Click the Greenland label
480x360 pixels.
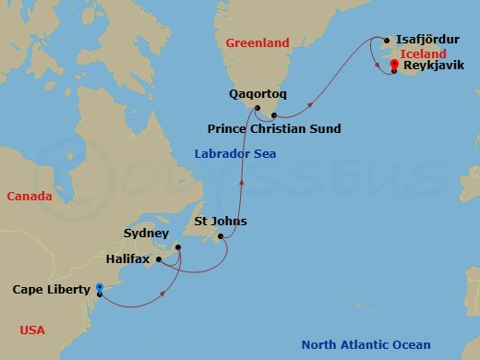click(x=258, y=43)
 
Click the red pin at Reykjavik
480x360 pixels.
click(x=394, y=66)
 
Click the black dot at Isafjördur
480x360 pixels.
click(x=387, y=41)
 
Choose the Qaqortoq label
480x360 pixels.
click(x=258, y=94)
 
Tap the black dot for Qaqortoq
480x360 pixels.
click(x=257, y=109)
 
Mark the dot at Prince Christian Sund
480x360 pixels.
click(x=275, y=114)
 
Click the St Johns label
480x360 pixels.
click(x=221, y=222)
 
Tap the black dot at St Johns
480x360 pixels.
click(x=219, y=236)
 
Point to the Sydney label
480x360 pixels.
click(x=147, y=235)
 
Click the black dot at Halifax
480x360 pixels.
click(x=159, y=259)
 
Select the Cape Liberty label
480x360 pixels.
click(x=50, y=289)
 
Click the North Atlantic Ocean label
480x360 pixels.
click(x=366, y=346)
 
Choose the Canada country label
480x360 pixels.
click(x=29, y=197)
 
